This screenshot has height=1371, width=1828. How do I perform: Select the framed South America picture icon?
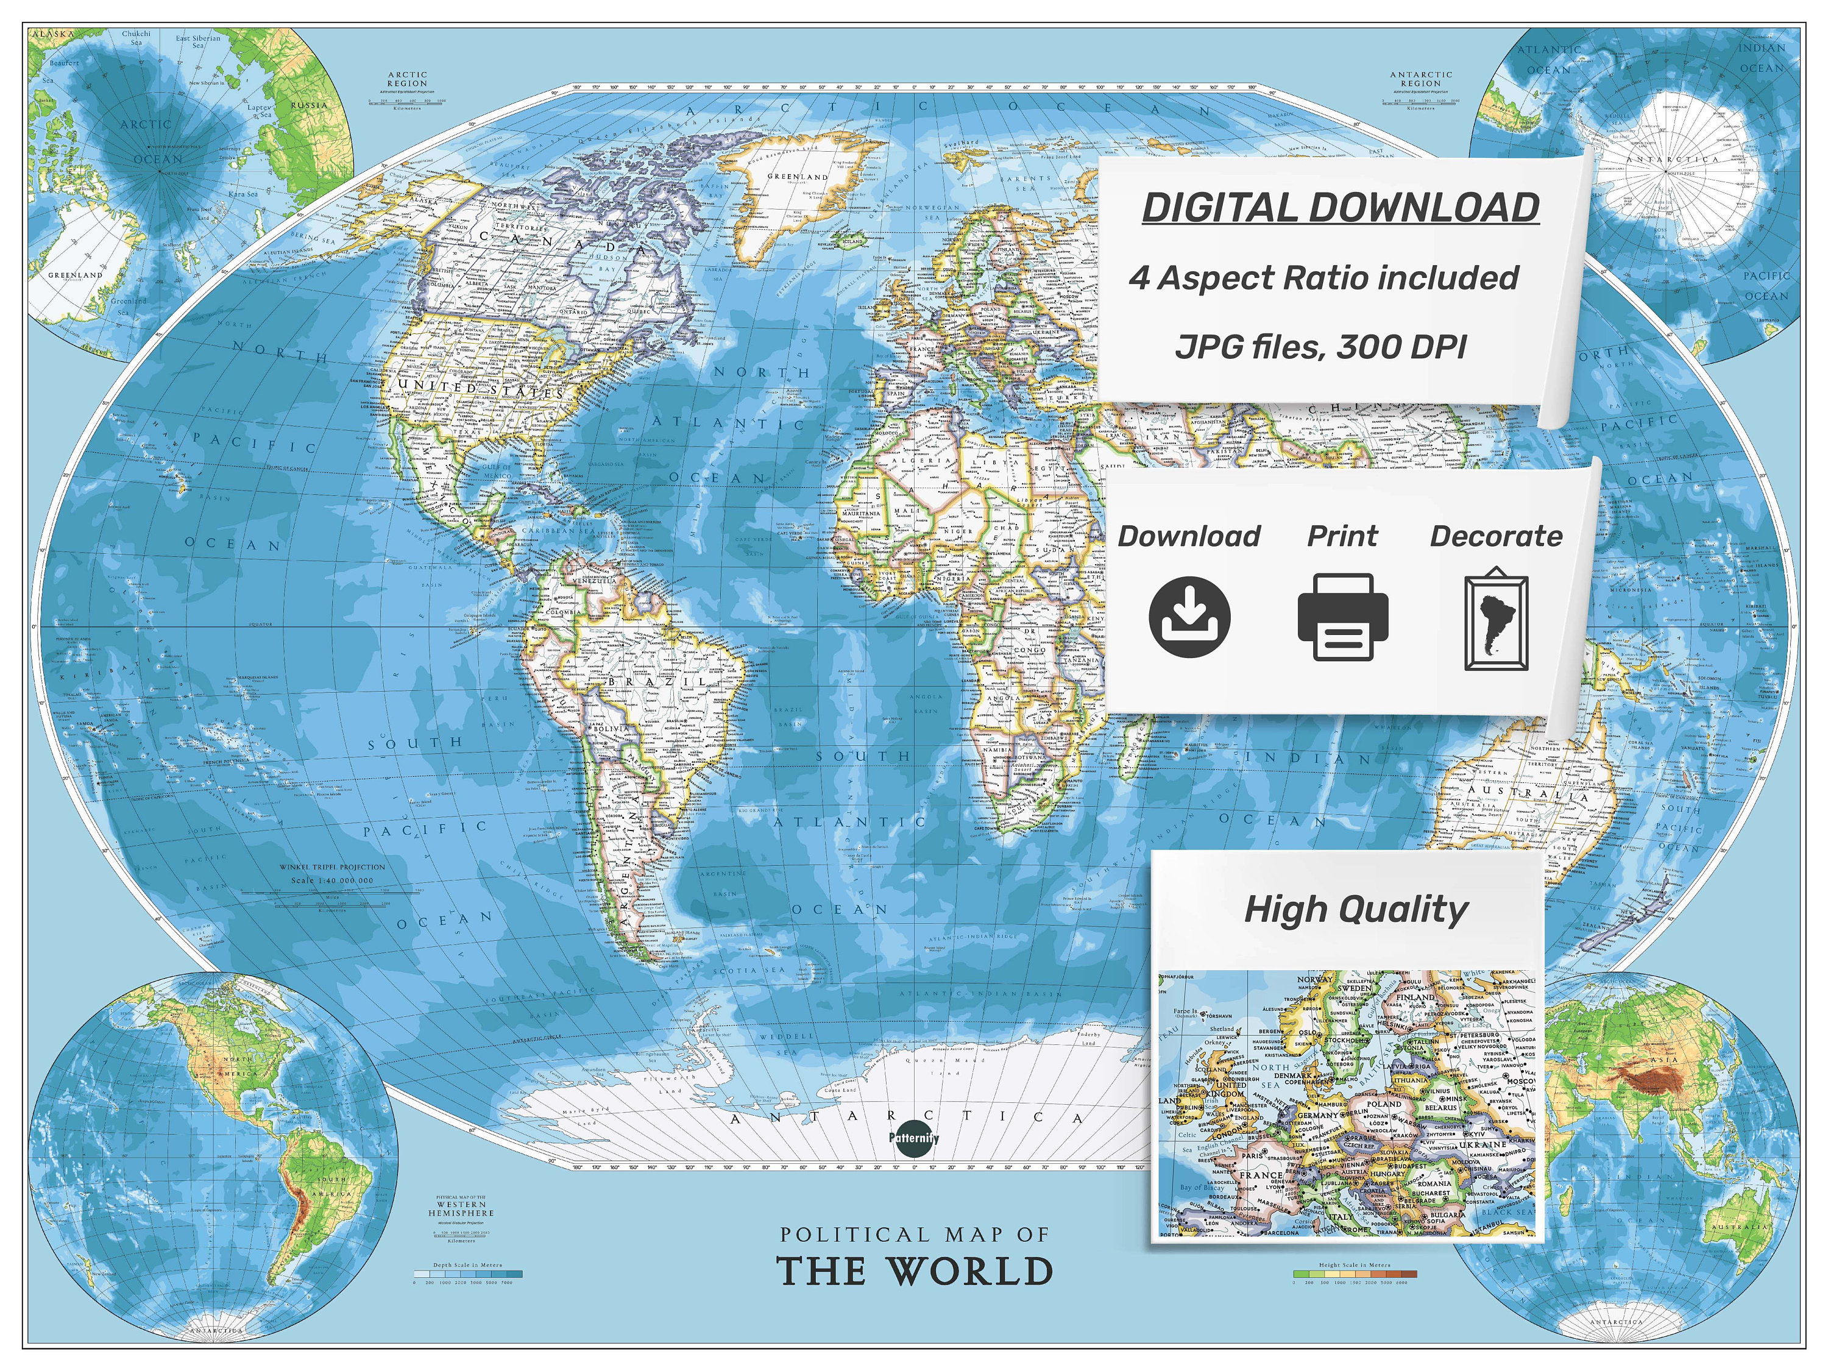click(1496, 620)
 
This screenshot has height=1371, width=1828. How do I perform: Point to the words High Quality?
click(1356, 909)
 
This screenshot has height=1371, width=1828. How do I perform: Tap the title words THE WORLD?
click(915, 1271)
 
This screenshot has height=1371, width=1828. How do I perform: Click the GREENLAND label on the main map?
click(798, 177)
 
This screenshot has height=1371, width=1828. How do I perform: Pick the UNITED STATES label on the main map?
click(480, 388)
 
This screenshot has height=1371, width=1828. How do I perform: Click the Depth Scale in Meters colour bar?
click(469, 1274)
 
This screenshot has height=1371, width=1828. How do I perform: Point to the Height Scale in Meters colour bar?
click(1355, 1274)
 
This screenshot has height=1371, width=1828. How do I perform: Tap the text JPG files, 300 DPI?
click(1320, 346)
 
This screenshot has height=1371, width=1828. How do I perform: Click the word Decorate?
click(1496, 536)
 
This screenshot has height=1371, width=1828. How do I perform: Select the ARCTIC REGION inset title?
click(408, 79)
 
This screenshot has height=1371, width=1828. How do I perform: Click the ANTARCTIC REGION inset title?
click(1420, 79)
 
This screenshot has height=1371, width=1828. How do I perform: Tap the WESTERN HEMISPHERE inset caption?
click(461, 1208)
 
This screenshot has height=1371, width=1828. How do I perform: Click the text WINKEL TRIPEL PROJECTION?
click(332, 867)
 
